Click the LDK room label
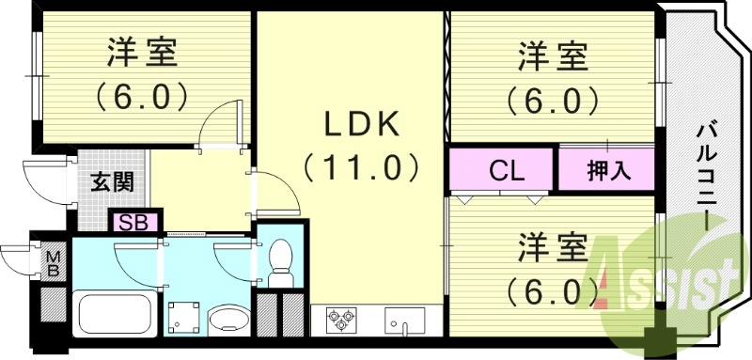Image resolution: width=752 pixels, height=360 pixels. click(351, 124)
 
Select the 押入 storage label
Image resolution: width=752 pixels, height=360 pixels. click(606, 172)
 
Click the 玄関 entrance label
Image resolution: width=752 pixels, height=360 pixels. click(111, 180)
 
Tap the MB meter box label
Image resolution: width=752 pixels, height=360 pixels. click(54, 261)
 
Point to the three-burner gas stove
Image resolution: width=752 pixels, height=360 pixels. click(343, 320)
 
